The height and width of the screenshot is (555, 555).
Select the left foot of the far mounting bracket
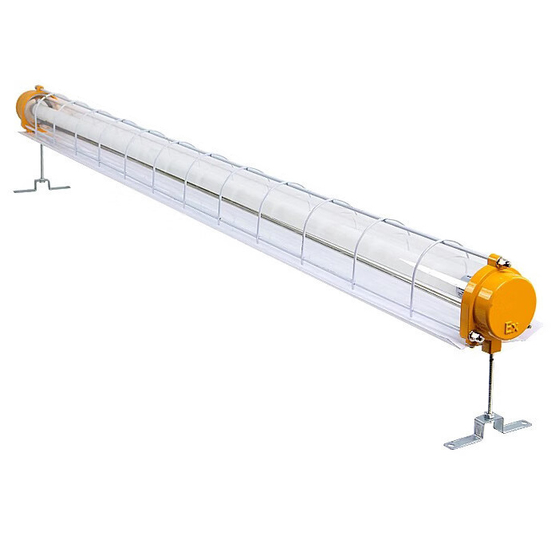click(x=22, y=191)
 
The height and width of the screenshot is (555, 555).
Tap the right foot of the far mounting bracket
click(x=60, y=187)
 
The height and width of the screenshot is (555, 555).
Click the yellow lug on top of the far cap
click(x=38, y=89)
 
